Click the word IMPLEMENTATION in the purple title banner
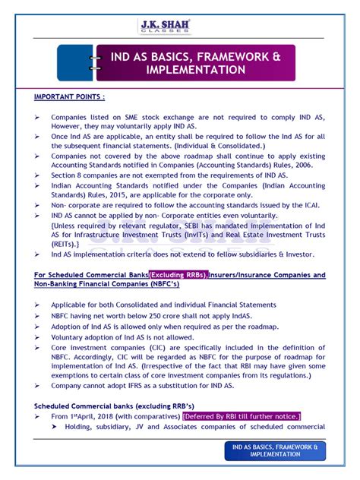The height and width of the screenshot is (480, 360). [196, 70]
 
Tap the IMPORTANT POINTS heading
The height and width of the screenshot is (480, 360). [70, 97]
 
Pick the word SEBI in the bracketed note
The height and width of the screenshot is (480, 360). [203, 226]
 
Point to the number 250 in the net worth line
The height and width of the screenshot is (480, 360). [150, 315]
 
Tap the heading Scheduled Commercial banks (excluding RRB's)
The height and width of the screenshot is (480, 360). [114, 406]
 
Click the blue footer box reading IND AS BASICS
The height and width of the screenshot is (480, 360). [275, 451]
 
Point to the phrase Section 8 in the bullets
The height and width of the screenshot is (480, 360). [68, 174]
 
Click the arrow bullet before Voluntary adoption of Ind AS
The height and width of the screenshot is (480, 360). [38, 336]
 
